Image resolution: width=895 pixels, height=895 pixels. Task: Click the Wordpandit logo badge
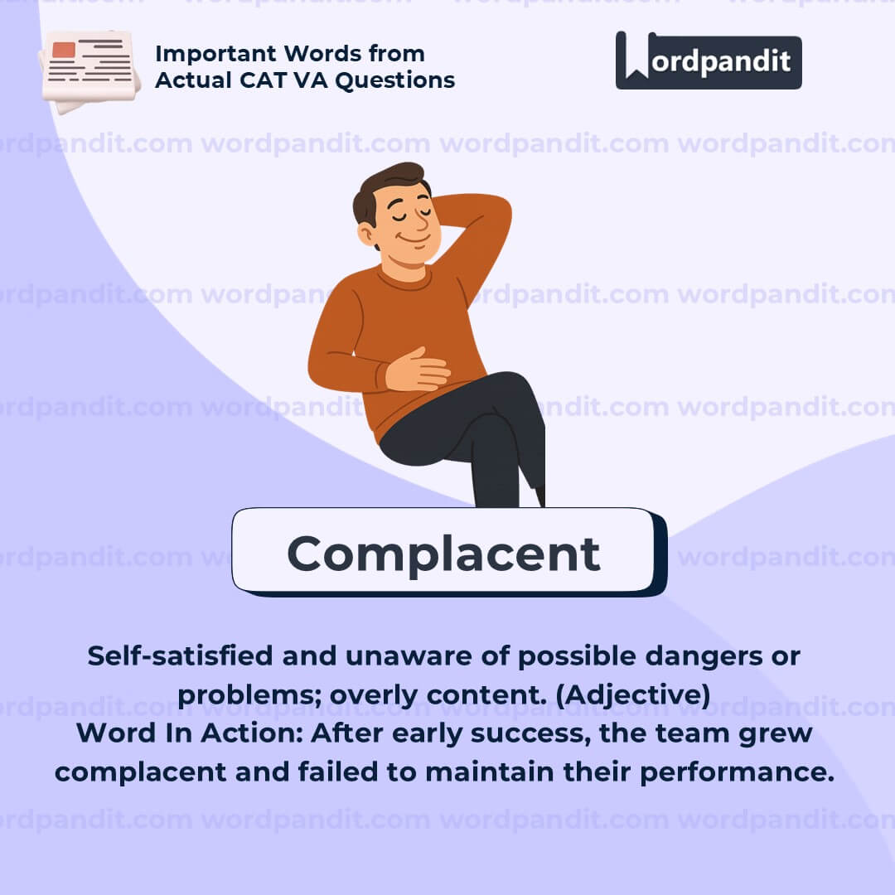709,60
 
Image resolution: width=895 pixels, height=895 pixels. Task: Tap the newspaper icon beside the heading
89,70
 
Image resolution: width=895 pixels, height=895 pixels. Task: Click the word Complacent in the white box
443,554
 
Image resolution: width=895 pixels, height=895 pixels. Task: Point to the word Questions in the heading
395,80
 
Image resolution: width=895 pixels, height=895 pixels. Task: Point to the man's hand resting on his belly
417,370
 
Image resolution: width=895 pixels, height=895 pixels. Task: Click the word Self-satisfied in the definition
180,656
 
